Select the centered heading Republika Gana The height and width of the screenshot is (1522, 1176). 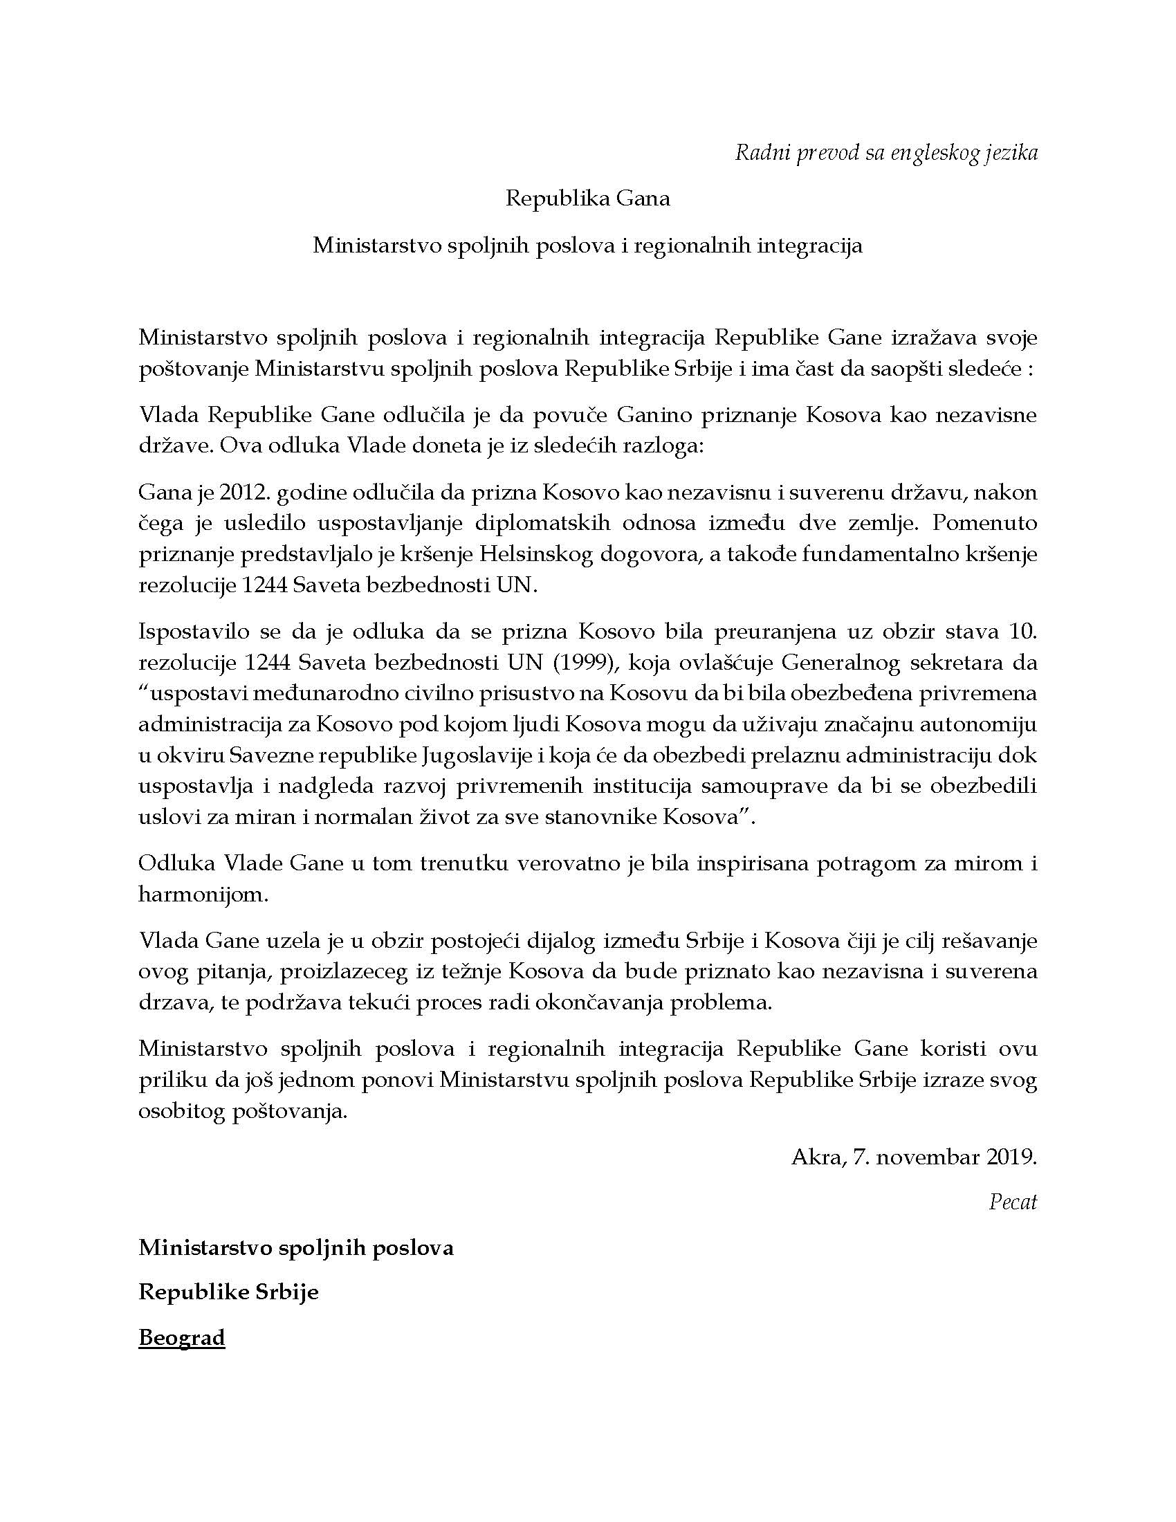pos(587,199)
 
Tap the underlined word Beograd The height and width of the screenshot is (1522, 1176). pos(182,1338)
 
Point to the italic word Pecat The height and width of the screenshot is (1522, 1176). pos(1013,1202)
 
